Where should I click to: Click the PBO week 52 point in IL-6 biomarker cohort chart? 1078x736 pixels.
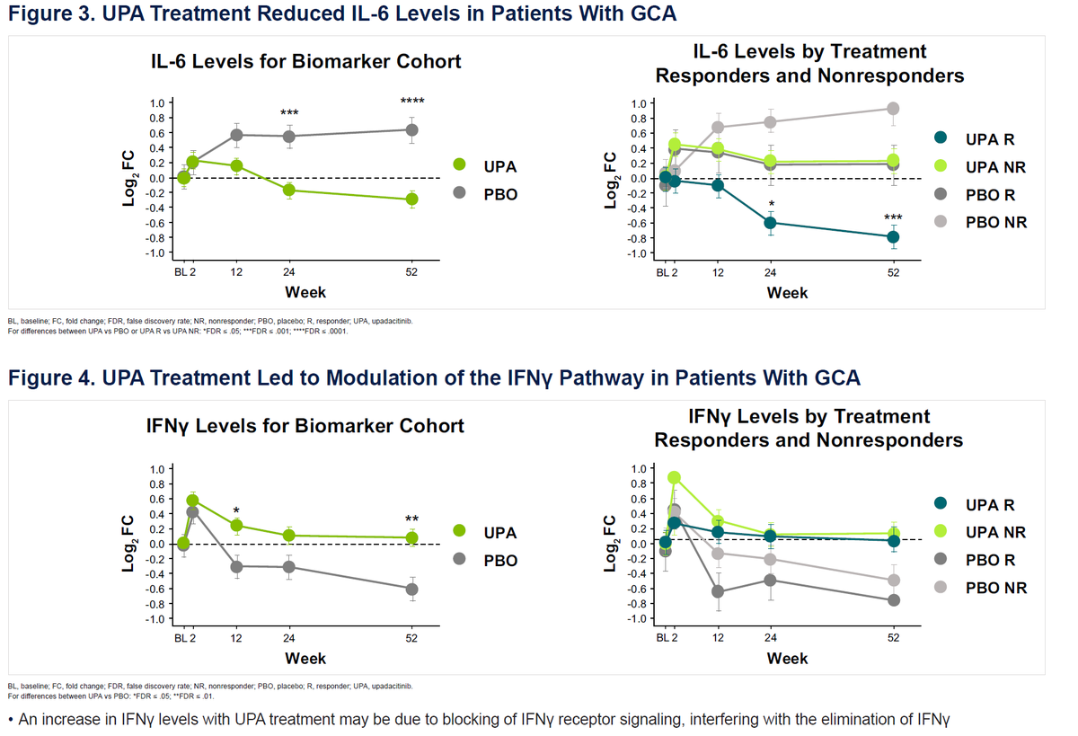411,130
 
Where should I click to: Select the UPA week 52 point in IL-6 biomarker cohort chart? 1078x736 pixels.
411,199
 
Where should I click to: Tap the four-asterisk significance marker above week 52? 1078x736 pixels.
412,102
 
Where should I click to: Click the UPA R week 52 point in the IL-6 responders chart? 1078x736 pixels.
893,237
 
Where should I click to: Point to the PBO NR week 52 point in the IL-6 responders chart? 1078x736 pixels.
893,109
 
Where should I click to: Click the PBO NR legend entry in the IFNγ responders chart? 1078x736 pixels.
979,588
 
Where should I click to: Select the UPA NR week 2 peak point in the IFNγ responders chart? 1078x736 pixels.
675,478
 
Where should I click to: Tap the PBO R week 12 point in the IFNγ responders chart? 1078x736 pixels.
718,591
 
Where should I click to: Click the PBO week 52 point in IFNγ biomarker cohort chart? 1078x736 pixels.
411,590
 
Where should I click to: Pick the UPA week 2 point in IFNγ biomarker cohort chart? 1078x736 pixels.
192,501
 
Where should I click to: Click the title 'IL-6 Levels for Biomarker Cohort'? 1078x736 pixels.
305,62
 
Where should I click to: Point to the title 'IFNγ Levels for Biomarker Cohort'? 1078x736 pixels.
305,426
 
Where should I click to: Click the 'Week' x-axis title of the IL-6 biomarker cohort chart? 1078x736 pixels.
305,292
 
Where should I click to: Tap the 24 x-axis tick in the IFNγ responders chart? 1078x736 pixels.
771,637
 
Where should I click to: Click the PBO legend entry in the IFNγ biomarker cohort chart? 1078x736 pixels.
485,560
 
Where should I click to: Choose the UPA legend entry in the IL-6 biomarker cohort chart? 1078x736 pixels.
485,166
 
